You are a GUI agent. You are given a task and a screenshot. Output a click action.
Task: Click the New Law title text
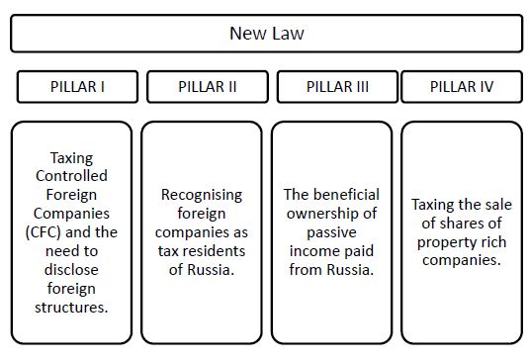267,33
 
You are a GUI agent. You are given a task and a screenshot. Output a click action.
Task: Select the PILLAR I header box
77,87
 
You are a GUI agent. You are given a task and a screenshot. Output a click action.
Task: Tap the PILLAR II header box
208,87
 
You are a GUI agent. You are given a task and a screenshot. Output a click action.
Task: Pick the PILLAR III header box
337,87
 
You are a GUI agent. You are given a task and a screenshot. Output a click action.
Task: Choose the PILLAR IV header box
462,87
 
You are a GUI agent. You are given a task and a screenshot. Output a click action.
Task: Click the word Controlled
71,176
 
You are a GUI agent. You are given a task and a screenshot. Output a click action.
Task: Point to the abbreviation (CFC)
44,232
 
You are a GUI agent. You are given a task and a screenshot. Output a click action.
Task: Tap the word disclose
71,270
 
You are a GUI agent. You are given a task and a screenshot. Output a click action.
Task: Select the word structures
70,308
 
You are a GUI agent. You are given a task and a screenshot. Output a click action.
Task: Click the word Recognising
202,196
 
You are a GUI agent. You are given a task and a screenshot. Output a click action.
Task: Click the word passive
331,232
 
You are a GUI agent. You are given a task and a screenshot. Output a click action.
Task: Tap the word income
312,251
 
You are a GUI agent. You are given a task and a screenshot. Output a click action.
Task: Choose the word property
443,243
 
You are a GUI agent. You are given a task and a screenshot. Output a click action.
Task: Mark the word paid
357,251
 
